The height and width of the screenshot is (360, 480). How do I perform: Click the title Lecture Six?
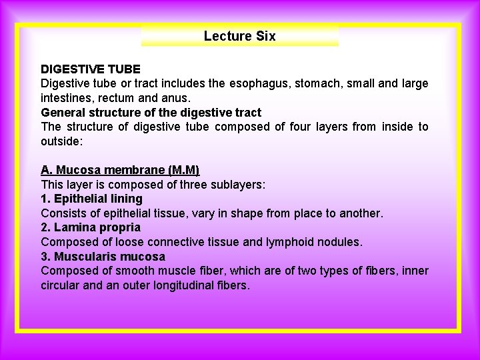239,36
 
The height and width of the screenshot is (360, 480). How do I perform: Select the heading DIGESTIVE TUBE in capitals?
91,69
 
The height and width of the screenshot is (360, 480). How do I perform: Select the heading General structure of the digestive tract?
151,112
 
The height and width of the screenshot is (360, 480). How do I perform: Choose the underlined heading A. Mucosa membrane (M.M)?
120,170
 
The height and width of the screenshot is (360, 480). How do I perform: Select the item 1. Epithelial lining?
92,199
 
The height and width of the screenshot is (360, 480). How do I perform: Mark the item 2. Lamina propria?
91,227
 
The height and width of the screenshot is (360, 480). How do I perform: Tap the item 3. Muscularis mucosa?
103,257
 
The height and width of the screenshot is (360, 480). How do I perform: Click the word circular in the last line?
62,285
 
